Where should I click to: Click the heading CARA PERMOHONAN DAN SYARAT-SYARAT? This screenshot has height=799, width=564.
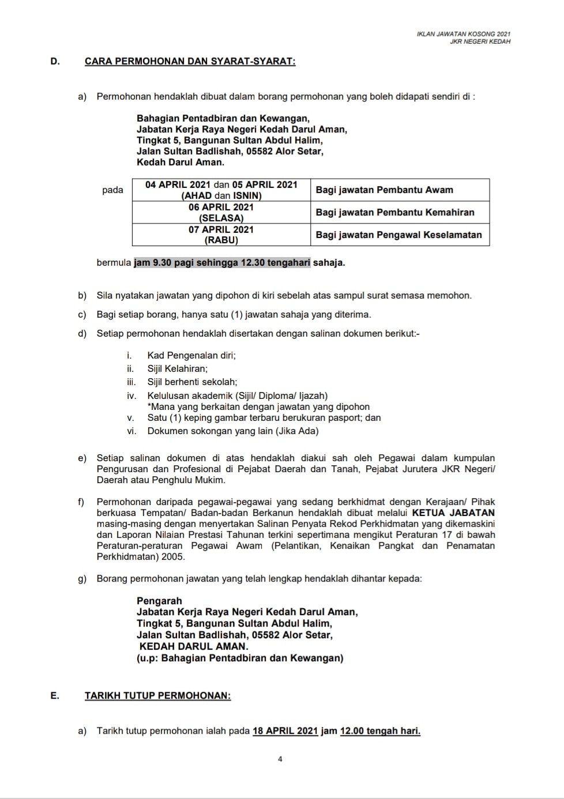coord(190,61)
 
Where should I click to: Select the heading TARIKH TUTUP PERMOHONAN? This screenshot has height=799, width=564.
coord(157,695)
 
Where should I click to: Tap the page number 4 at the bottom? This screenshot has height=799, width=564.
coord(280,759)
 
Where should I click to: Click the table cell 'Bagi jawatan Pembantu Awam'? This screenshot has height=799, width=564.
coord(384,190)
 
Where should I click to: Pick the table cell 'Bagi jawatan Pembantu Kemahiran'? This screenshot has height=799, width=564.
coord(394,212)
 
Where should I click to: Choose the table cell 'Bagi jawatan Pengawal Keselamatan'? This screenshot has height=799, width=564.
coord(398,235)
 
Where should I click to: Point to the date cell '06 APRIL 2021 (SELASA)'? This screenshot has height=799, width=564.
coord(221,212)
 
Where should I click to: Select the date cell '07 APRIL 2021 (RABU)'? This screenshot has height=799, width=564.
coord(221,235)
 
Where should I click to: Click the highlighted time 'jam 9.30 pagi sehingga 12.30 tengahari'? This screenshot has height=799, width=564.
coord(222,263)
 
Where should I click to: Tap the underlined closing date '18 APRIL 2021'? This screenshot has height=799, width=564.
coord(285,731)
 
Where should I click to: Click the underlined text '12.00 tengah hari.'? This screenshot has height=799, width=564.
coord(380,731)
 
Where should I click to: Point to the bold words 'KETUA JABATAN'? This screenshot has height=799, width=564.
coord(453,512)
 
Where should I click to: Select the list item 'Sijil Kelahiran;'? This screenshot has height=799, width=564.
coord(177,368)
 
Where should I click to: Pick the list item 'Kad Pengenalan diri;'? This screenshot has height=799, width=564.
coord(191,355)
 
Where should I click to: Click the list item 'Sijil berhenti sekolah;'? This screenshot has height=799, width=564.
coord(192,382)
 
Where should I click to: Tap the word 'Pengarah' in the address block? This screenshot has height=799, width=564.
coord(159,601)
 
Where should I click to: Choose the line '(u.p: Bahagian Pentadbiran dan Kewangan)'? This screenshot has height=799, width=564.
coord(240,658)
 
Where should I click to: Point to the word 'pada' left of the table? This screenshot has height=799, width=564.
coord(112,190)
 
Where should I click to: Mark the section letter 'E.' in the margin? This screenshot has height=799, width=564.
coord(55,695)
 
